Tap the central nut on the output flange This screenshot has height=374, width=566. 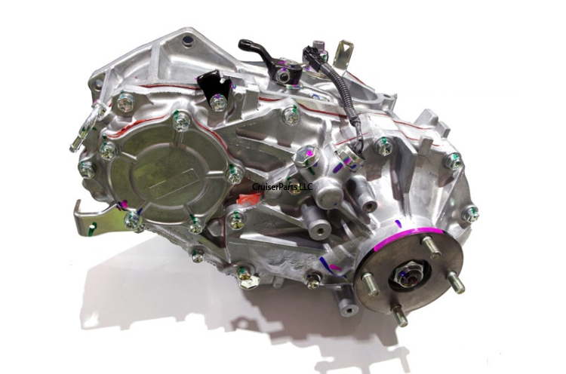405,274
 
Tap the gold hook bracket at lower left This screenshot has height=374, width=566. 94,216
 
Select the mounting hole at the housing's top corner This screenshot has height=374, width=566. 186,39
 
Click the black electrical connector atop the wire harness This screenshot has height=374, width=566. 312,55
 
